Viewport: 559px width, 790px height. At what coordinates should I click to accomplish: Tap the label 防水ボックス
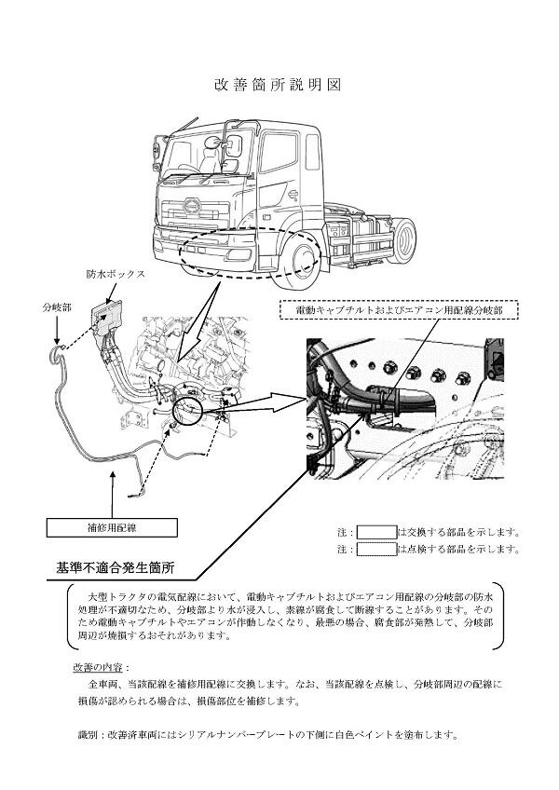[x=116, y=275]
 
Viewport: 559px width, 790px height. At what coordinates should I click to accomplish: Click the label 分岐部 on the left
[x=56, y=306]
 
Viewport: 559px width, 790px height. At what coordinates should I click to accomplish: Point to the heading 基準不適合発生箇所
[x=115, y=566]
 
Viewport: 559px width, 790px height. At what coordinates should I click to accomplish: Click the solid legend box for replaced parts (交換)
[x=376, y=532]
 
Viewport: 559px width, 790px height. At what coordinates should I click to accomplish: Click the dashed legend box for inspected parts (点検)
[x=376, y=549]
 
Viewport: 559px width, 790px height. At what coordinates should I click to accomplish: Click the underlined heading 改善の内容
[x=101, y=668]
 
